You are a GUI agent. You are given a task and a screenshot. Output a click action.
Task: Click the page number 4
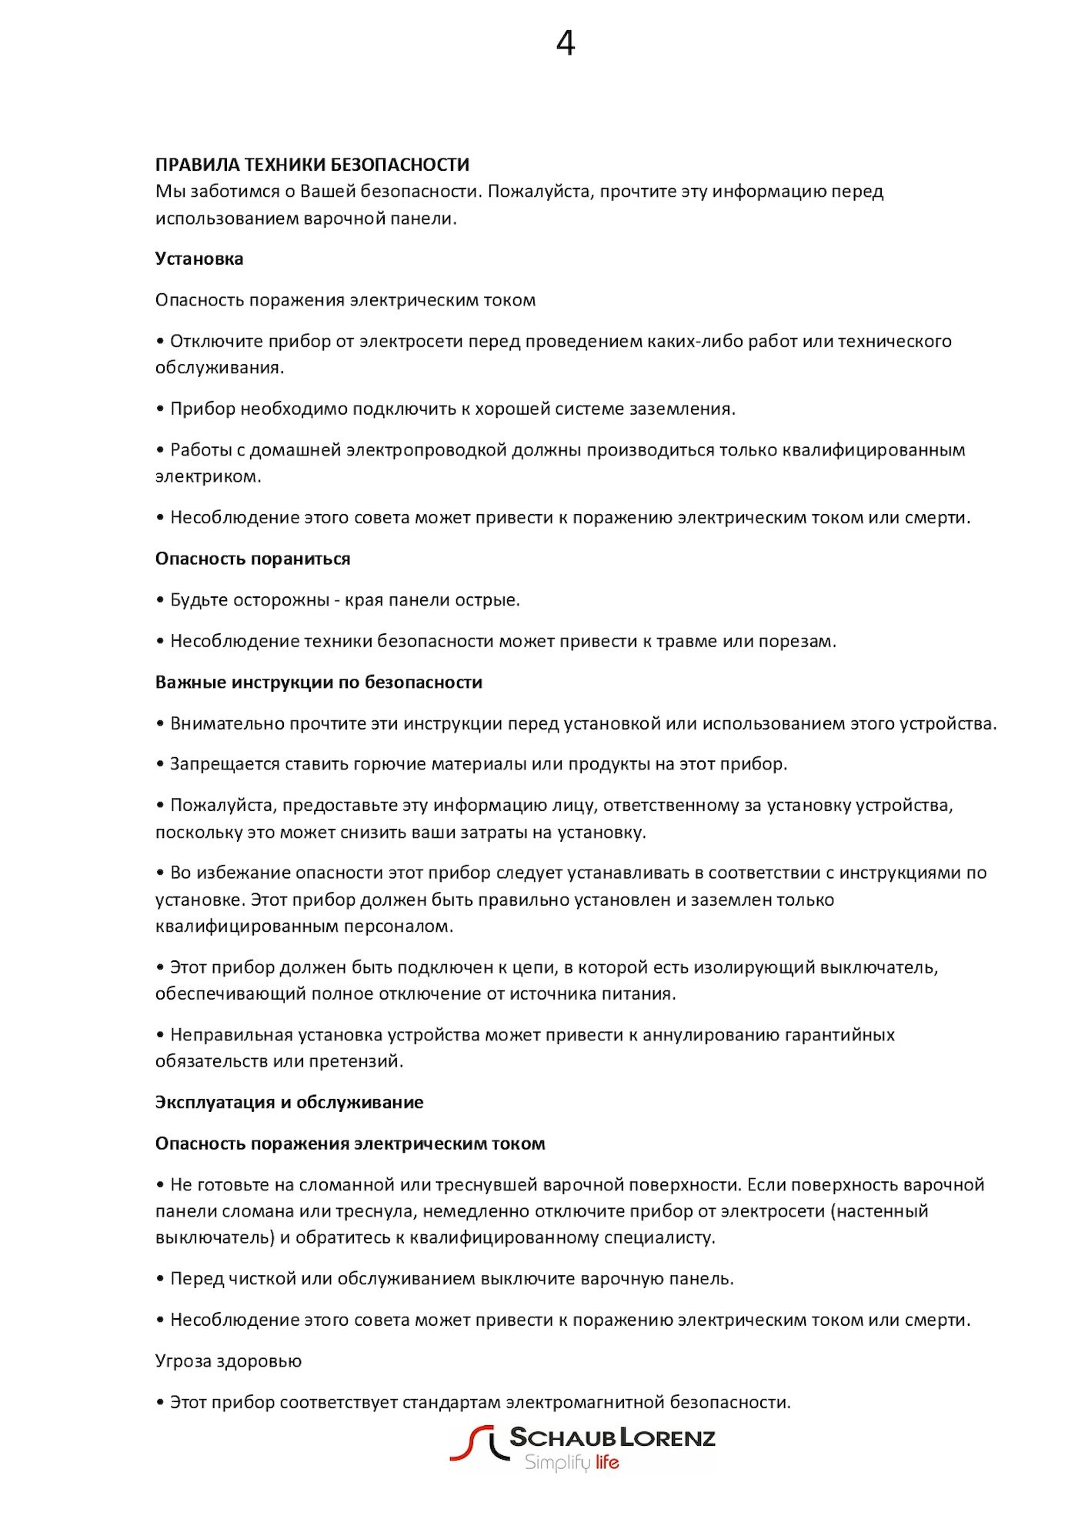click(565, 44)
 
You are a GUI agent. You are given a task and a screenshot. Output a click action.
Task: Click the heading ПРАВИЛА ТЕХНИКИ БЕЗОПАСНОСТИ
click(312, 165)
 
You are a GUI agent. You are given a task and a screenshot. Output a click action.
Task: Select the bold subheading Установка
click(199, 259)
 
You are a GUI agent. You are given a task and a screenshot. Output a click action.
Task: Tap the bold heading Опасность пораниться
click(252, 559)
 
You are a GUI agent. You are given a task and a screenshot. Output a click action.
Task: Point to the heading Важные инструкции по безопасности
click(319, 683)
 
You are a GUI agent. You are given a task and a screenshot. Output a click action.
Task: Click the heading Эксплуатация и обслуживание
click(289, 1103)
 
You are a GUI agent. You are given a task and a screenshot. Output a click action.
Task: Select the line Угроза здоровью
click(228, 1361)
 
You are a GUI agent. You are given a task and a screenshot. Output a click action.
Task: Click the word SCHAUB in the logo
click(563, 1437)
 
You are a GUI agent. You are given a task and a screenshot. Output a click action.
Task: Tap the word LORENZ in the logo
click(668, 1437)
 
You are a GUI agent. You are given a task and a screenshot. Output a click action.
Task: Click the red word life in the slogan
click(606, 1463)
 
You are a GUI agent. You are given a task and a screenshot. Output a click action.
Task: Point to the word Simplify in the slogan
click(557, 1463)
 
